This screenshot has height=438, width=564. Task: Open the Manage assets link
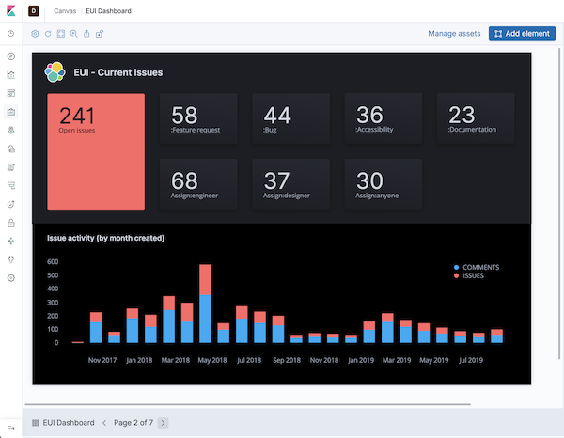(x=454, y=33)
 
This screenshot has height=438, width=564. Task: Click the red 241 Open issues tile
(x=96, y=150)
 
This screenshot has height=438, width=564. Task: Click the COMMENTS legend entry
(x=480, y=267)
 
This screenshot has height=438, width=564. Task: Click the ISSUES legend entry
(x=475, y=276)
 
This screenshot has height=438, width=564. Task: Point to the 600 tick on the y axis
(x=53, y=262)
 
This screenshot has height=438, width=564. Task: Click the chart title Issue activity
(x=105, y=238)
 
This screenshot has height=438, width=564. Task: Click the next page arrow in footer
(x=164, y=423)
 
